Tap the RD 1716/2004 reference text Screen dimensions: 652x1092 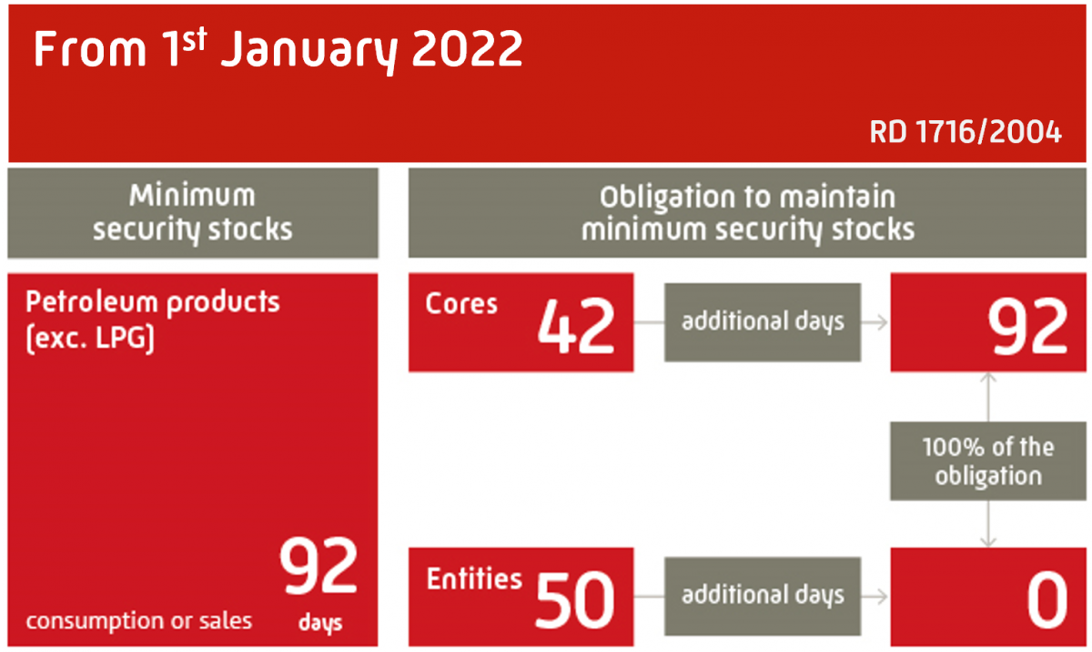(966, 133)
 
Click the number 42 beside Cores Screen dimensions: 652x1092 (575, 326)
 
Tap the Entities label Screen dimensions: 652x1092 (474, 579)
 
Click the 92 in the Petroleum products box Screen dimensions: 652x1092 (318, 568)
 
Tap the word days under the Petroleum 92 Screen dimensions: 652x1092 (319, 624)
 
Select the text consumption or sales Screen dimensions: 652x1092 (138, 621)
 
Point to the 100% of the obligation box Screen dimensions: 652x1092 (987, 460)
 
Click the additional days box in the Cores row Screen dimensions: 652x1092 (763, 321)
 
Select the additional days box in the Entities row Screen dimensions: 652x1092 (763, 596)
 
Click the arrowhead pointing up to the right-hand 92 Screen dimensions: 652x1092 (988, 378)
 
